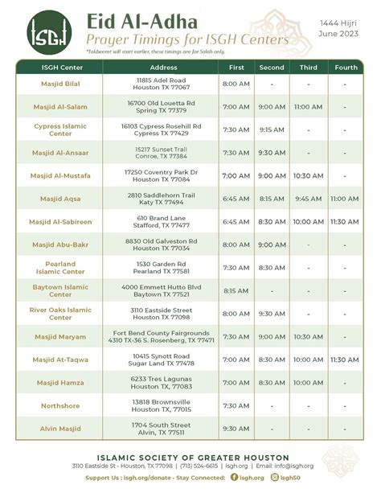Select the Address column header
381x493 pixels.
click(163, 68)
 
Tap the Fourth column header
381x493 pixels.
click(345, 68)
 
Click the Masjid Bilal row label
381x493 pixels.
click(60, 84)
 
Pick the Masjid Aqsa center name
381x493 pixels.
click(60, 198)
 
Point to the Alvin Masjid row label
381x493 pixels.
click(60, 429)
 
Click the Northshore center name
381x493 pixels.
click(60, 406)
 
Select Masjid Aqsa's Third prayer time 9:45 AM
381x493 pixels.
click(308, 198)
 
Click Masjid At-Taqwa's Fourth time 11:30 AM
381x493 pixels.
click(345, 359)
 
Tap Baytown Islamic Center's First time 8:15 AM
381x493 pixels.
click(236, 290)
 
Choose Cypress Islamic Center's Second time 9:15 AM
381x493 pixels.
click(272, 129)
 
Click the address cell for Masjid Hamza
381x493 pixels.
click(163, 383)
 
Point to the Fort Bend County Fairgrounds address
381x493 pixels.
click(163, 333)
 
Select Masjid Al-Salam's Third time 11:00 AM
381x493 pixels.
click(308, 106)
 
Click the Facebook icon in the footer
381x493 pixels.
click(234, 477)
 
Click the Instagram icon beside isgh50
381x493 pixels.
click(274, 477)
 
